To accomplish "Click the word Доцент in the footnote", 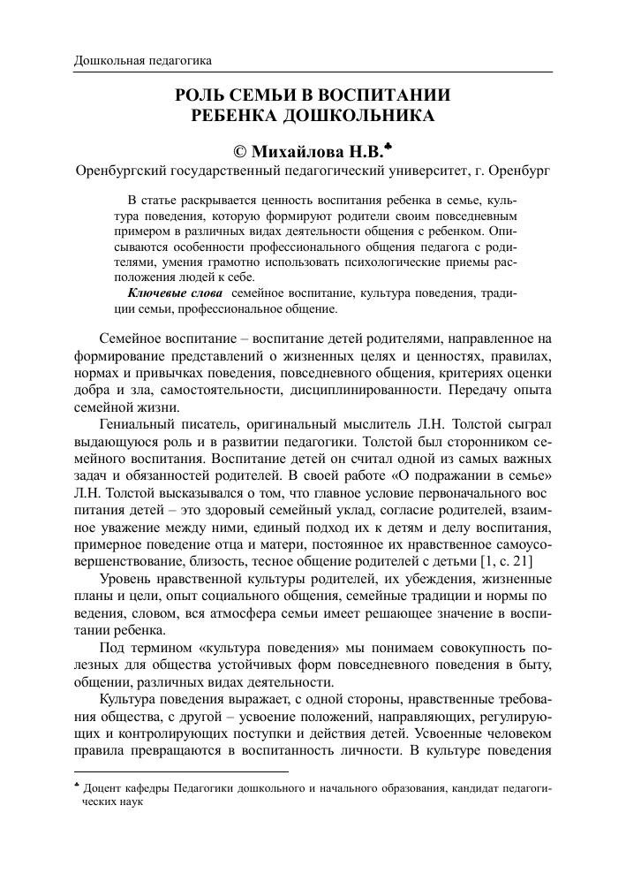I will click(x=104, y=786).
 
